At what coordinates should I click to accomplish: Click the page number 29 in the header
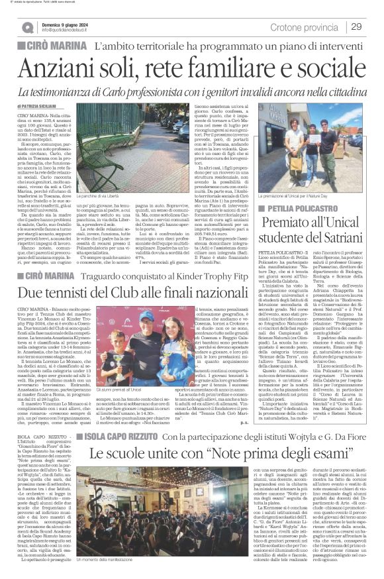click(x=356, y=26)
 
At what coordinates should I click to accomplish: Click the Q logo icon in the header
click(x=27, y=27)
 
